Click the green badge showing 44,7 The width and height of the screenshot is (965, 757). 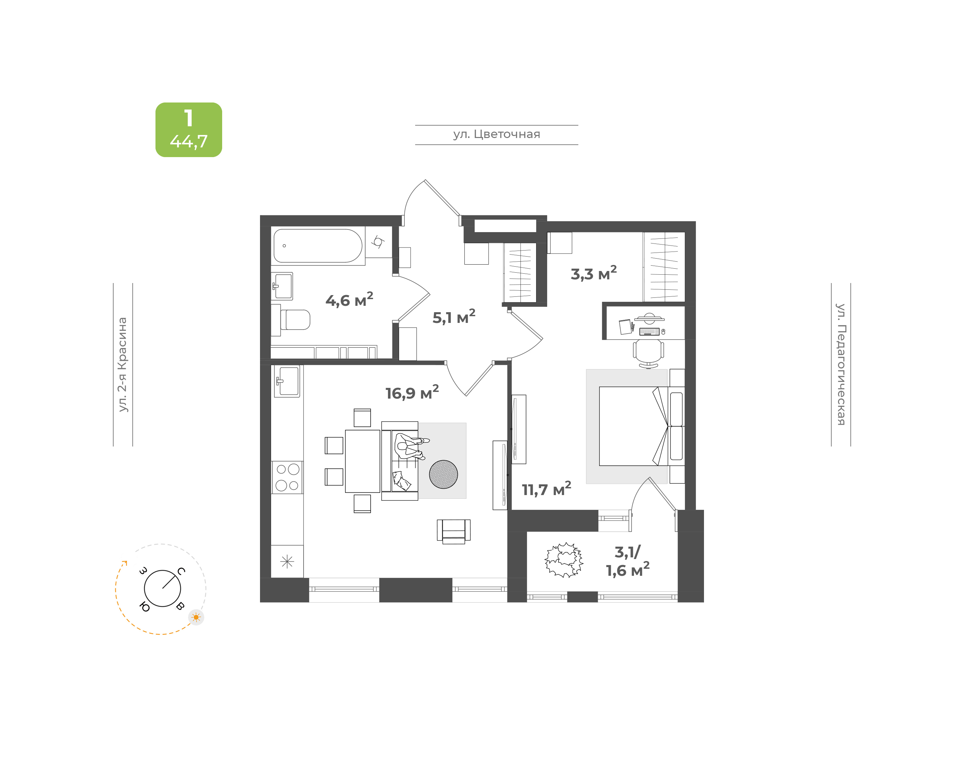[x=188, y=129]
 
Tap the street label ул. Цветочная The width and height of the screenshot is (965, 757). [x=497, y=134]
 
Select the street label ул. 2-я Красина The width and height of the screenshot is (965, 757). [x=122, y=364]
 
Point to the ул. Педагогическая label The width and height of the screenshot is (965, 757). [x=840, y=364]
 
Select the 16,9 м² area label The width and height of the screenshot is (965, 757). [x=412, y=392]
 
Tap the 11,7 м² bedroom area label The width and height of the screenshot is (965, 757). [x=546, y=489]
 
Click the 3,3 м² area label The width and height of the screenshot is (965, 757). [x=593, y=273]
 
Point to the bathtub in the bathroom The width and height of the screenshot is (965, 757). [x=318, y=246]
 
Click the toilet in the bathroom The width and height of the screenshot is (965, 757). [x=295, y=320]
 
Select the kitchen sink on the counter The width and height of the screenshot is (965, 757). [x=287, y=381]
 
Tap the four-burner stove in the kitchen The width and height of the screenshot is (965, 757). [x=287, y=477]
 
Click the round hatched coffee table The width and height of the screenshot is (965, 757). [x=443, y=474]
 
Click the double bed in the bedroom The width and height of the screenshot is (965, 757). [x=641, y=426]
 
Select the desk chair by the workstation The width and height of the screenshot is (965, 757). [x=648, y=354]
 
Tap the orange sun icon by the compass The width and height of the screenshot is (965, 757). [x=196, y=617]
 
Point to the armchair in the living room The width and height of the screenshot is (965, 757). [x=453, y=531]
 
